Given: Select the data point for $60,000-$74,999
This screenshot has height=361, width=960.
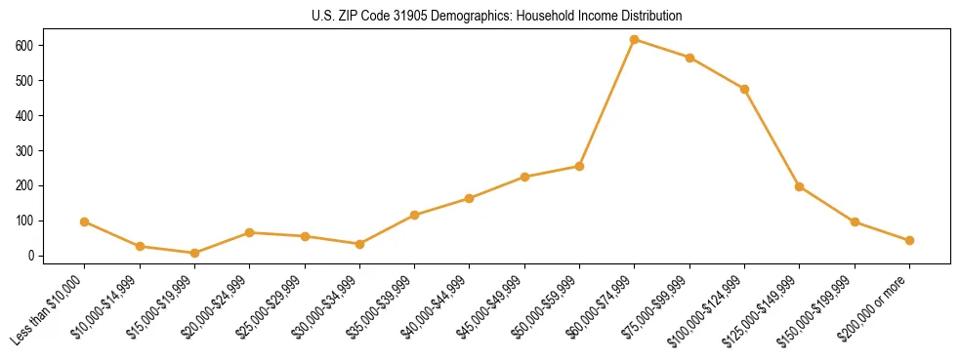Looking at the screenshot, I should (x=635, y=39).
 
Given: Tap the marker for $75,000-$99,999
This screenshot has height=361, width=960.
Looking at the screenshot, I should (x=689, y=58).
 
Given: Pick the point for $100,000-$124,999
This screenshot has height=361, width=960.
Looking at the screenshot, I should (x=744, y=89).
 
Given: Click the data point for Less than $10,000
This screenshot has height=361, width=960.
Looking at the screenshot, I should (x=85, y=221).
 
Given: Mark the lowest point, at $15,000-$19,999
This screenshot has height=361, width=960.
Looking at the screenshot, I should (x=194, y=253).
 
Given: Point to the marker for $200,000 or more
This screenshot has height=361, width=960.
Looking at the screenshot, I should (x=909, y=240).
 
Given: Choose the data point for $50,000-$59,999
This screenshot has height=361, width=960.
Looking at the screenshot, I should (x=579, y=166).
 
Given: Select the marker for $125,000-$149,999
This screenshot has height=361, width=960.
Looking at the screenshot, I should (x=800, y=186).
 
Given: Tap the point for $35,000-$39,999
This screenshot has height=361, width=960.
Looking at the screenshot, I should (x=415, y=215).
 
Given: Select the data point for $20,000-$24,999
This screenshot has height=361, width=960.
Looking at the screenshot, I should (x=250, y=232).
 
